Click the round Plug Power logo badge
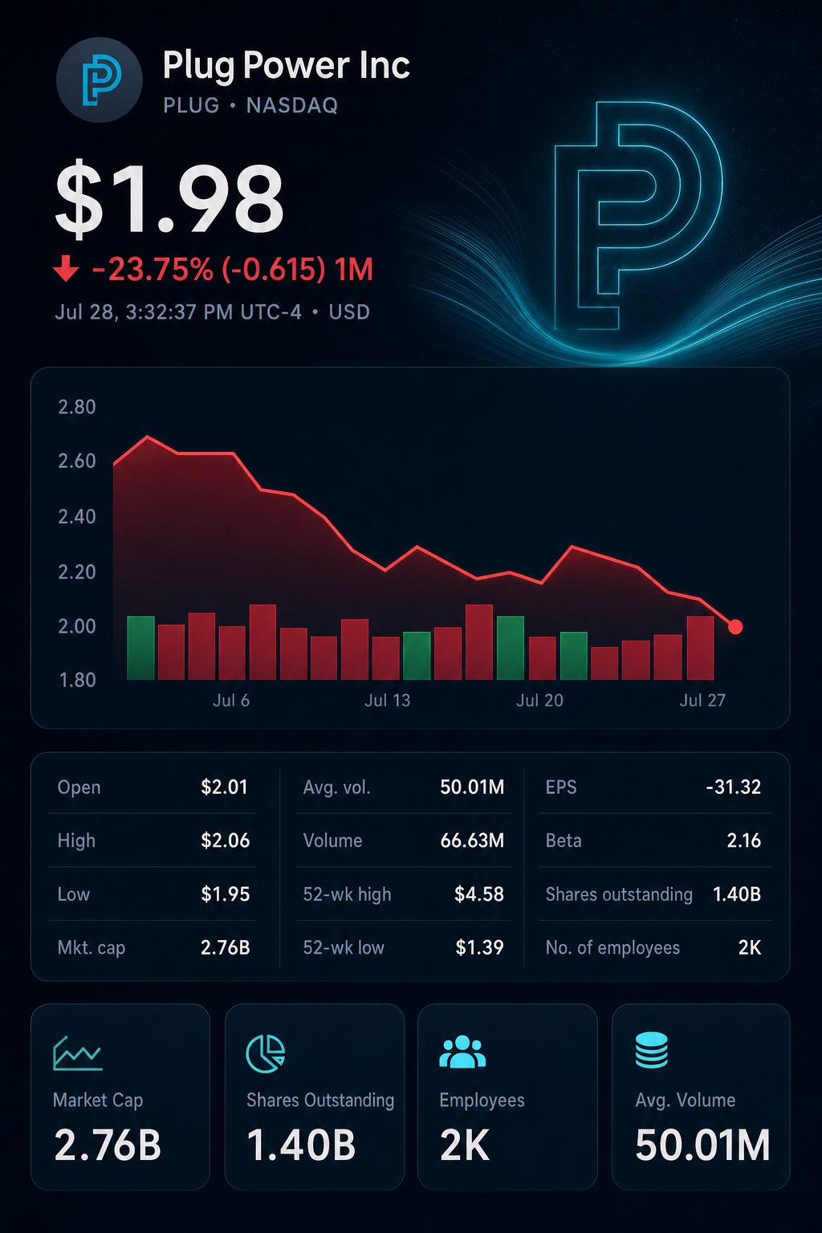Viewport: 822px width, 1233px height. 99,79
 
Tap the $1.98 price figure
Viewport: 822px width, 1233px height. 169,199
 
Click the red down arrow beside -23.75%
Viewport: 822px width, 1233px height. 66,268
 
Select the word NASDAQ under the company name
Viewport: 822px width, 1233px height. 292,105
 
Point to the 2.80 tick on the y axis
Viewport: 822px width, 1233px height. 77,407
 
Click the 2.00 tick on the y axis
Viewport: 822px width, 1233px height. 77,626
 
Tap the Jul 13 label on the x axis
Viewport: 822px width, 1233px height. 387,700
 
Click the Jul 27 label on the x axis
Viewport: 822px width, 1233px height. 702,700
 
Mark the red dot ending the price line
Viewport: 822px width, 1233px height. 735,626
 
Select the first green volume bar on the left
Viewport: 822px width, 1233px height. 141,648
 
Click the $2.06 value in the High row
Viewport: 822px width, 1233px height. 226,840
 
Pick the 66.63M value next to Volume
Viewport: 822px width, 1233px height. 472,840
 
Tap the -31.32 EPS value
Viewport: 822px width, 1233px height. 734,787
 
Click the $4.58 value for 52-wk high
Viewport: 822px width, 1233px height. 479,894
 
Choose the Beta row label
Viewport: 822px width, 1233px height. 564,840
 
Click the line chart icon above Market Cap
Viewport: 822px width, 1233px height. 78,1053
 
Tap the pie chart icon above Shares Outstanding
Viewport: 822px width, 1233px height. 266,1053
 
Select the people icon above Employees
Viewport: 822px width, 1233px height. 462,1052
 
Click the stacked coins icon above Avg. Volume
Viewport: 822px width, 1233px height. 652,1050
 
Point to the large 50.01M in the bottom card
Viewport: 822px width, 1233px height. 702,1146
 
